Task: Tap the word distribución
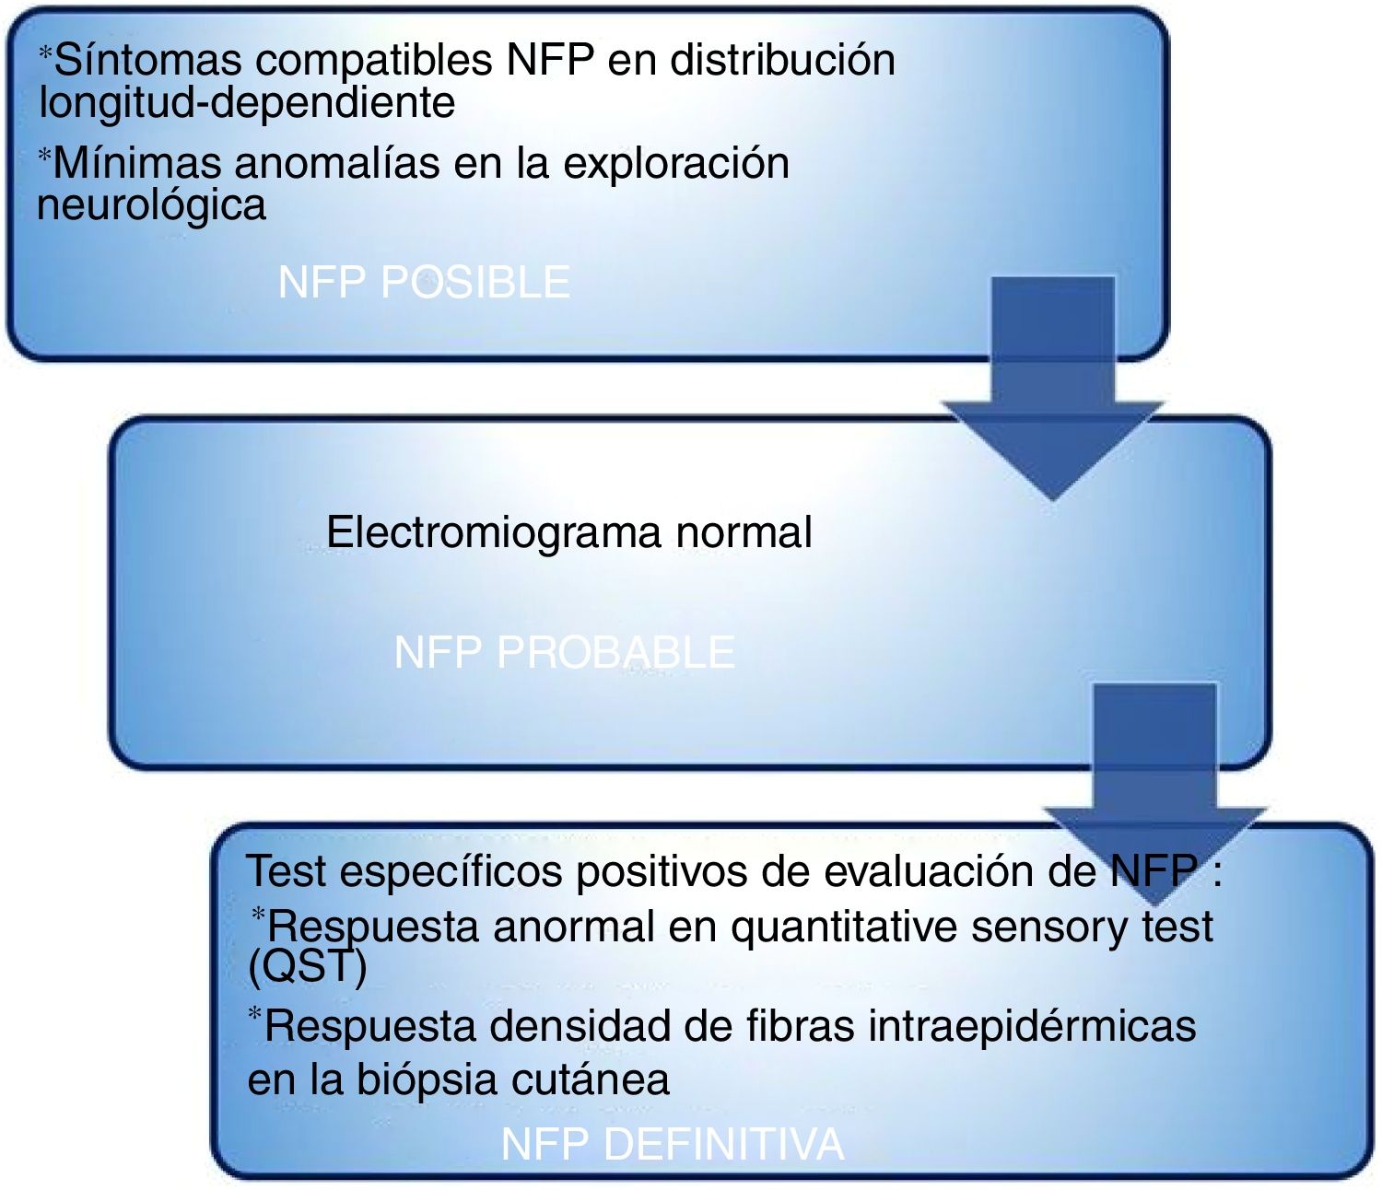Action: [782, 61]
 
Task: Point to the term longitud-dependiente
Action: [247, 102]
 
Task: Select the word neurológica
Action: [151, 205]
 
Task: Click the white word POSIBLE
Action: [474, 283]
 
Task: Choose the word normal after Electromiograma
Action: [744, 532]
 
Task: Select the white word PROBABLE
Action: [615, 653]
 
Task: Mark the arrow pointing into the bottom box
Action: [1155, 783]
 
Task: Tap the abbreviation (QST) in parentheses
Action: [308, 966]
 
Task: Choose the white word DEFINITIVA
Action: [723, 1145]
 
